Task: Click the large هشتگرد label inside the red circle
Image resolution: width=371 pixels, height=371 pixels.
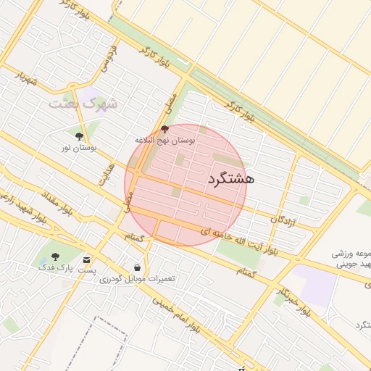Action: tap(230, 179)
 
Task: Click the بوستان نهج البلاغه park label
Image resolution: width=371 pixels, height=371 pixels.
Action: tap(165, 138)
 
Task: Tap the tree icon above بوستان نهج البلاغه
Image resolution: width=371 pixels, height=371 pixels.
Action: tap(164, 128)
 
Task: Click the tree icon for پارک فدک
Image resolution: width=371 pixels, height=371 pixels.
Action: tap(55, 257)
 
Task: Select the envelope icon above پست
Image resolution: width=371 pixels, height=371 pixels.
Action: tap(88, 259)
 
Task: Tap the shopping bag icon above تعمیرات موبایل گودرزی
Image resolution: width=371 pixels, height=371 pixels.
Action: tap(137, 267)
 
